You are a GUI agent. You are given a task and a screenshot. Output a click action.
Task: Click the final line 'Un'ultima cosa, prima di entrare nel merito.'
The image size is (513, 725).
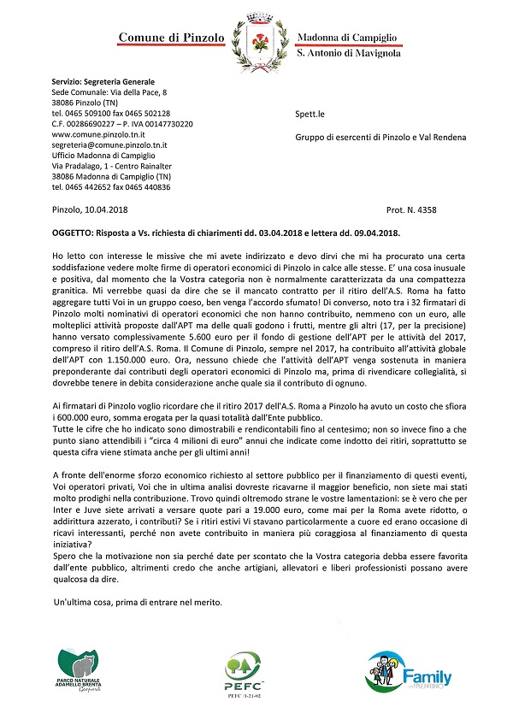tap(135, 603)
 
